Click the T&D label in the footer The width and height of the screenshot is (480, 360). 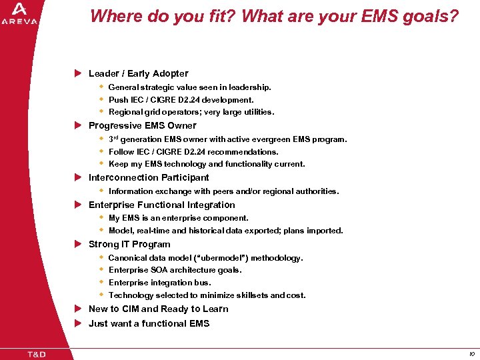36,353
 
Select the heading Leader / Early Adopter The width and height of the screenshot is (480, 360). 138,73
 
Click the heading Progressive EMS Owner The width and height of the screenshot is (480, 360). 142,125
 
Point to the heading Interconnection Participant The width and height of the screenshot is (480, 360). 149,177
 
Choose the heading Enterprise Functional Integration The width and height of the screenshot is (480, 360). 161,205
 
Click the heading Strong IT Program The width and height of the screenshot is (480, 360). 129,244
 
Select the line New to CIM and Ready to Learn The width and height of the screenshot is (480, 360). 158,309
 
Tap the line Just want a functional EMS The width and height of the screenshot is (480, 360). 149,323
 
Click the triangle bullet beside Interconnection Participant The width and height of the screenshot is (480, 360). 77,177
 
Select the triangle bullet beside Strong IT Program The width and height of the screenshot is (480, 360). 77,244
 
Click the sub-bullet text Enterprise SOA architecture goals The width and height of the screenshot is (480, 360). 175,270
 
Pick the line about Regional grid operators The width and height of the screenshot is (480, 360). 191,112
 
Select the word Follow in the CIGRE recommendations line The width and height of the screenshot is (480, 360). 121,152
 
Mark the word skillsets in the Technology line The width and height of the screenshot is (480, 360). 250,295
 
